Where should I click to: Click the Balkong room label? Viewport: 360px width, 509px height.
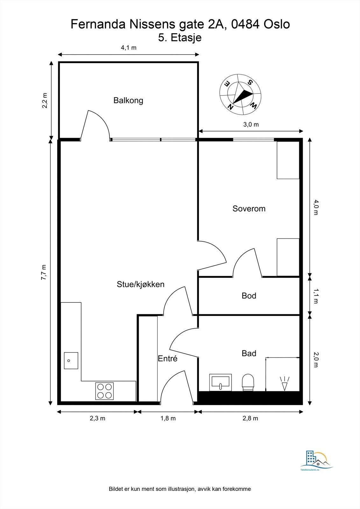point(128,101)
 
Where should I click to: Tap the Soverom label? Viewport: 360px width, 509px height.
point(249,209)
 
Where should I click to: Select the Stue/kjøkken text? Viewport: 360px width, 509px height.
point(141,284)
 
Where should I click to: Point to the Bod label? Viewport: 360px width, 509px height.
point(249,296)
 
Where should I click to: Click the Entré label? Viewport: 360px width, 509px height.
point(168,359)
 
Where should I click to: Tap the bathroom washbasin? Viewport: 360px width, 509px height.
point(220,382)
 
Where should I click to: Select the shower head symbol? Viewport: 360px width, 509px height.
point(285,384)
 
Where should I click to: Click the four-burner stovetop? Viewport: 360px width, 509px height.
point(104,391)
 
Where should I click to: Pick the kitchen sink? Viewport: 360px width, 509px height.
point(71,361)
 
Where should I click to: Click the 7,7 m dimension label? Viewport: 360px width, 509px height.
point(44,272)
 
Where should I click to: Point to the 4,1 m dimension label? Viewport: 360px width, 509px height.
point(129,48)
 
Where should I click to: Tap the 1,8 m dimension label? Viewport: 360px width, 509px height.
point(168,418)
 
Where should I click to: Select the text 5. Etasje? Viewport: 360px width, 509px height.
point(180,38)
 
